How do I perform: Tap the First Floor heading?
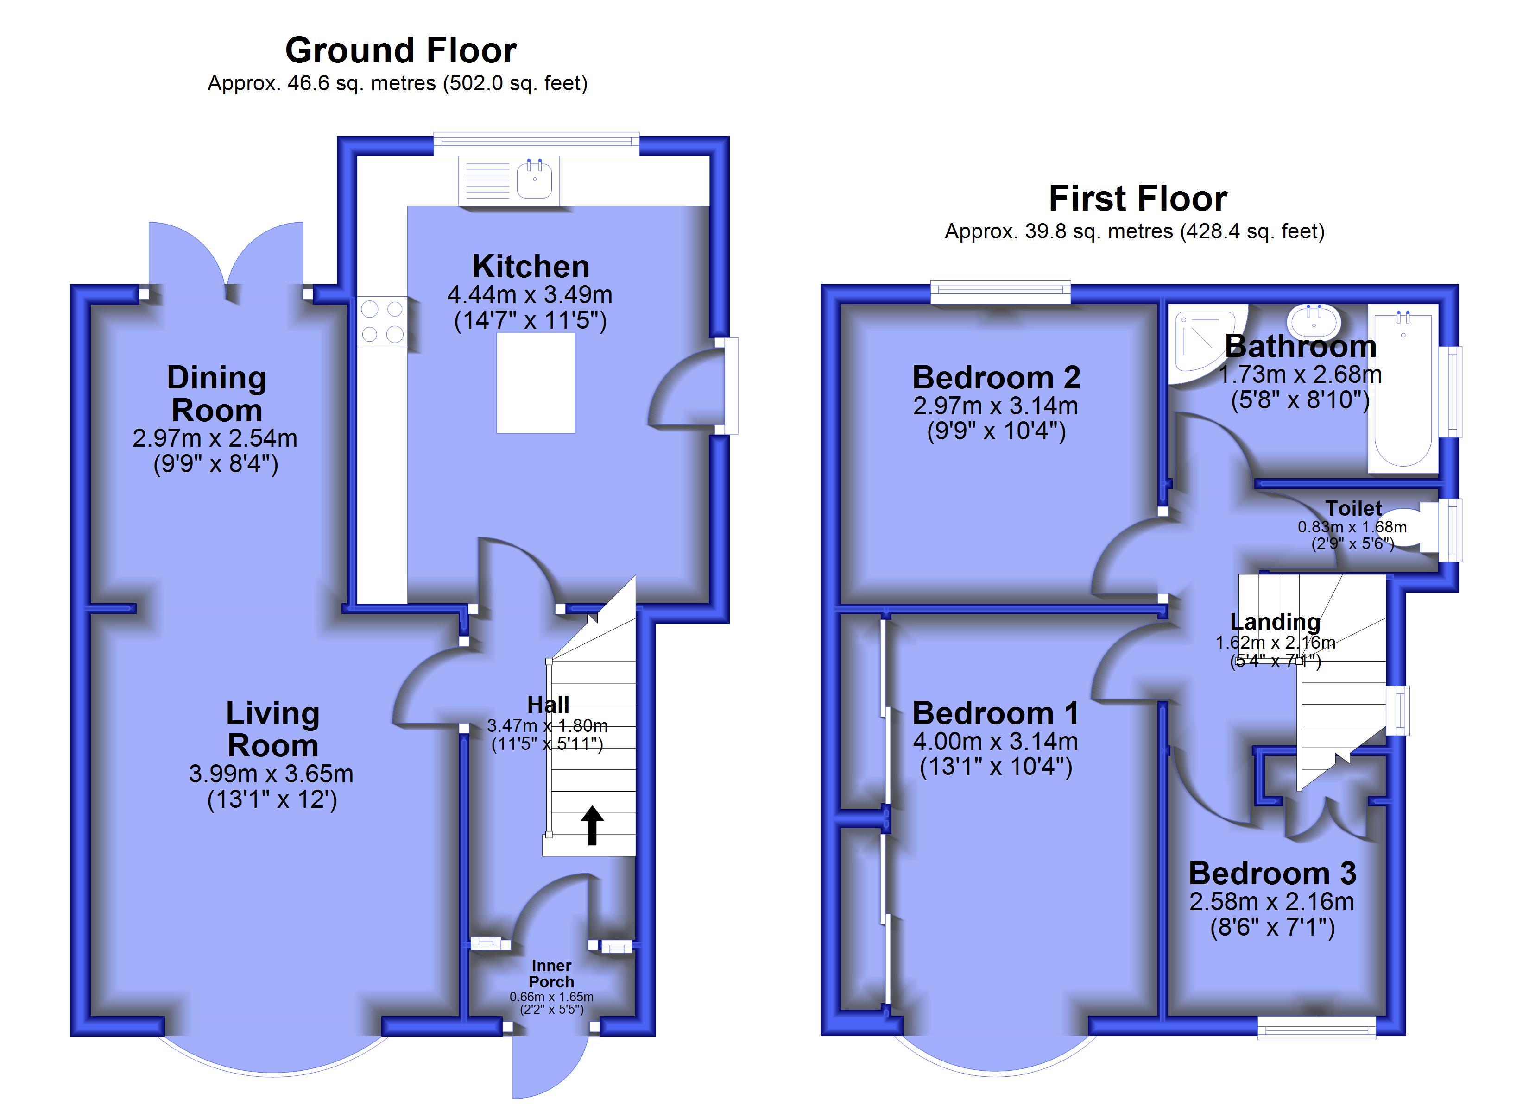pos(1138,198)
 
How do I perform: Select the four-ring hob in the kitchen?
pos(382,322)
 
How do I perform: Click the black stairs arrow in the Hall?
pos(592,824)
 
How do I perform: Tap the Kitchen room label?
pos(531,266)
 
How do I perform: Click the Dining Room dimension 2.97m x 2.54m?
pos(215,438)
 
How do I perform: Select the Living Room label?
pos(272,729)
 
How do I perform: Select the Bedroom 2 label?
pos(997,377)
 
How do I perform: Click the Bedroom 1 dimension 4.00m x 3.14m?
pos(996,741)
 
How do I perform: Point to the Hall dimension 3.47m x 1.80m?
pos(547,725)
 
